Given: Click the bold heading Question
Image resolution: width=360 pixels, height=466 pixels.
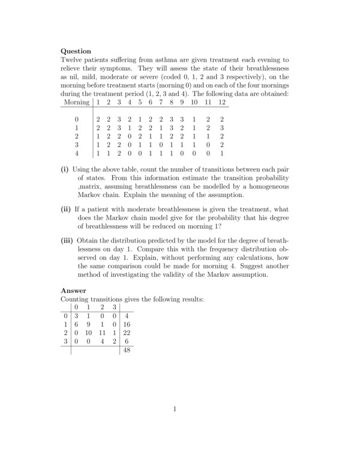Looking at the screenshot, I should [76, 51].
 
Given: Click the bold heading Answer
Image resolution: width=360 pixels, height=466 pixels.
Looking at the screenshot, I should [74, 290].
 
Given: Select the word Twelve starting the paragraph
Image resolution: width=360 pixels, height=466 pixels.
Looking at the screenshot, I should [74, 60].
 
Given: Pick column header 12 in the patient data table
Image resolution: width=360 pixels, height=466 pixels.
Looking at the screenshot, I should [221, 103].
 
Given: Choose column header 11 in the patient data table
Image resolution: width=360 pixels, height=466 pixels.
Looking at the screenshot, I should [208, 103].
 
